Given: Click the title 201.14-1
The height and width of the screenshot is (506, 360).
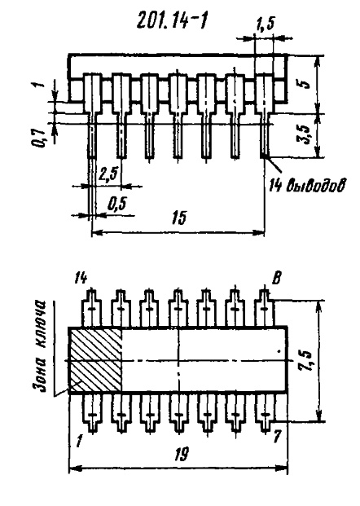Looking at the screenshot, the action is click(x=171, y=22).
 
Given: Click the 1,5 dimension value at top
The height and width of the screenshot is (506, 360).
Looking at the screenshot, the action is click(x=266, y=24).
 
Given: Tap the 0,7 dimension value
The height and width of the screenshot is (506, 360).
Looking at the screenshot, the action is click(x=39, y=138).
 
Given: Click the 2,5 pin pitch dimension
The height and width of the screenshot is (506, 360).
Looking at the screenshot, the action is click(x=108, y=175).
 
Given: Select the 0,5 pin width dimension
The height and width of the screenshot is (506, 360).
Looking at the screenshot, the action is click(x=117, y=205).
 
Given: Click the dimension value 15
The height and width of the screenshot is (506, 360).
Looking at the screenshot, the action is click(x=179, y=218).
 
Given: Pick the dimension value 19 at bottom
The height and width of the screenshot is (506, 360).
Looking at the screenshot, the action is click(x=181, y=455).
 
